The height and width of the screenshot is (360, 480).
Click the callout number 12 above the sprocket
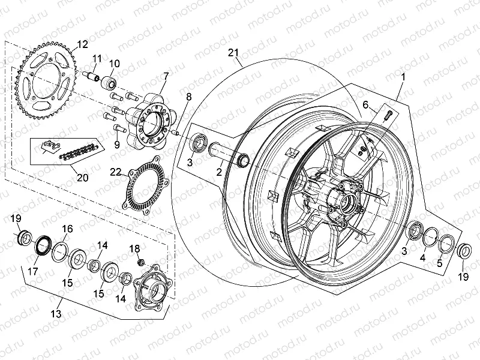(82, 44)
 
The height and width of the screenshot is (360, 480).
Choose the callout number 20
(82, 178)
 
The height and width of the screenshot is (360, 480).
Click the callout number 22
(115, 172)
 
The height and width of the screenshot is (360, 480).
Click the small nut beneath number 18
(139, 262)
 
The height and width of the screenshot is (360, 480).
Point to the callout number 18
(135, 248)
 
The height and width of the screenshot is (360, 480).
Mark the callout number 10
(114, 64)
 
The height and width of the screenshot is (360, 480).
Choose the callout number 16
(67, 228)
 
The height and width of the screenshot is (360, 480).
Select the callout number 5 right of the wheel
(439, 263)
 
